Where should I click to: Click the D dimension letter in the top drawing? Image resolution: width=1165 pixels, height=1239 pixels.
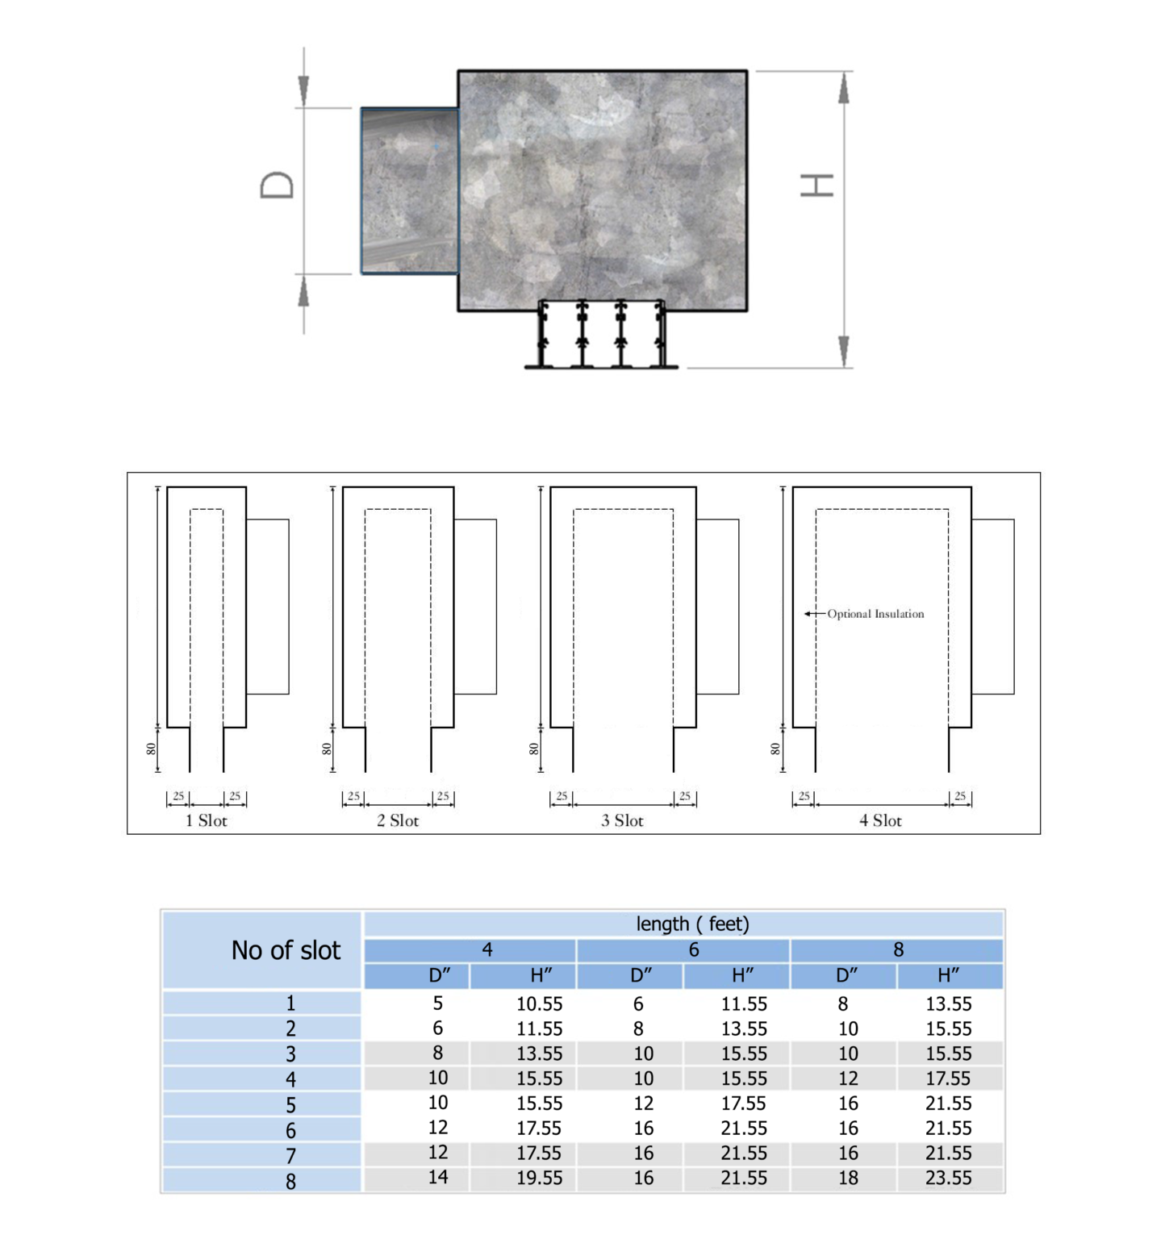277,186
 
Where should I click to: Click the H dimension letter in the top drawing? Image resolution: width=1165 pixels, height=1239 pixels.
816,186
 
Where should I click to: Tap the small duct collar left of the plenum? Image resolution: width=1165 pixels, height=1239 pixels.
410,191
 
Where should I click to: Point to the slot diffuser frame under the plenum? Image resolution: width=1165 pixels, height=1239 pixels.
602,336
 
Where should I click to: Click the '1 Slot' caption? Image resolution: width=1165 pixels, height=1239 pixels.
207,820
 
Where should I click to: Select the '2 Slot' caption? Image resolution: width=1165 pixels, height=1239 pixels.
398,820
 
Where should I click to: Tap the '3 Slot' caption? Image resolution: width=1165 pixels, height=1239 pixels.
622,820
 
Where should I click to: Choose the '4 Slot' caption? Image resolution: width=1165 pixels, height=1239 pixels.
880,820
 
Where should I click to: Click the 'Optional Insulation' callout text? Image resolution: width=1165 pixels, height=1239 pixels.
875,614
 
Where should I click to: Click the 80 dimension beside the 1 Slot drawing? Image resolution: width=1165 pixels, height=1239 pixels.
151,749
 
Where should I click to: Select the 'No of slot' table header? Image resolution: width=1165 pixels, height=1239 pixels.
286,950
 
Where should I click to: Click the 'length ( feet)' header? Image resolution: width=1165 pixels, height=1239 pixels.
692,924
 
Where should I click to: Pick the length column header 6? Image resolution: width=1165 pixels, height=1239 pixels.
693,949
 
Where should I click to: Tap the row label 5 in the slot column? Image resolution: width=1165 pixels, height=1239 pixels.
290,1105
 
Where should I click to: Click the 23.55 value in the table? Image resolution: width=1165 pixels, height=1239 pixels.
948,1178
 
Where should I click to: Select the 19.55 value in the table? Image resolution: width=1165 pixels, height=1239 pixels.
539,1178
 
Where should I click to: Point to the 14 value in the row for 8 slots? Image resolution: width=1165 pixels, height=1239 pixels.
438,1177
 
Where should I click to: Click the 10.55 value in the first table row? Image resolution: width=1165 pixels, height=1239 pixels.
539,1003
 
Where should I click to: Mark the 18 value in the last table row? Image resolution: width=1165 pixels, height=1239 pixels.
848,1178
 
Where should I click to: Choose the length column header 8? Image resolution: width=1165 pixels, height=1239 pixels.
898,949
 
